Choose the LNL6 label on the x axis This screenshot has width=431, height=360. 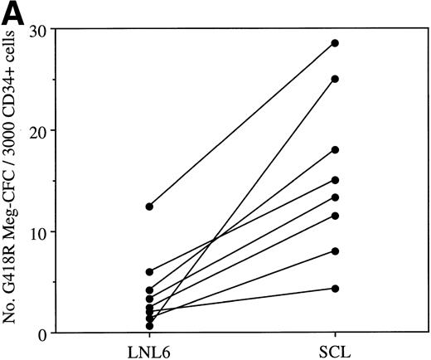click(x=148, y=349)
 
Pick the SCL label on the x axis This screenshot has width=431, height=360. click(x=335, y=349)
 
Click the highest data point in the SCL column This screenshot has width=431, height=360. click(x=335, y=43)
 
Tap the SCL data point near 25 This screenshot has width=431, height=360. click(x=335, y=79)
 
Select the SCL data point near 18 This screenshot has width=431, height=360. click(x=335, y=150)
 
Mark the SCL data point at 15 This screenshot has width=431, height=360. click(x=335, y=180)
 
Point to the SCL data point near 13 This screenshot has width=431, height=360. click(x=335, y=197)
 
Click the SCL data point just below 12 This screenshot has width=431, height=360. click(x=335, y=216)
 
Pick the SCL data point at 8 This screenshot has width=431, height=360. click(x=335, y=251)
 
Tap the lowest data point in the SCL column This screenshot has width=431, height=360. click(x=335, y=288)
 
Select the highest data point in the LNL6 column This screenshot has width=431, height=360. click(x=149, y=206)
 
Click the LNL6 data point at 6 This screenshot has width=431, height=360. click(x=149, y=271)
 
